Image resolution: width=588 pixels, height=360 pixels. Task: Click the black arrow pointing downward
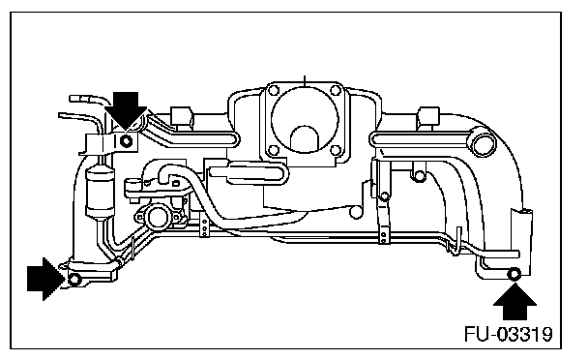point(126,109)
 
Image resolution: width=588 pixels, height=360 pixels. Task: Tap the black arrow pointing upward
point(514,302)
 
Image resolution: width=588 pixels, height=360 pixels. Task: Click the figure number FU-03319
point(509,334)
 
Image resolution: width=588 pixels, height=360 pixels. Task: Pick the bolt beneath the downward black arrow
point(127,141)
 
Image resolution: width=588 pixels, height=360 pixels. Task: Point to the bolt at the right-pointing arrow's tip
point(74,279)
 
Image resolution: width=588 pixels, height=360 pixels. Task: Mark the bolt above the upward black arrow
point(514,274)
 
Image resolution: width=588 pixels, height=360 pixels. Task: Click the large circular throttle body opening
point(304,119)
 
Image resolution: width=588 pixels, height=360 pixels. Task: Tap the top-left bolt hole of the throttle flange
point(274,90)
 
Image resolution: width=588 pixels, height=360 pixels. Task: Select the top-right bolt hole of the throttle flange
point(336,90)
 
